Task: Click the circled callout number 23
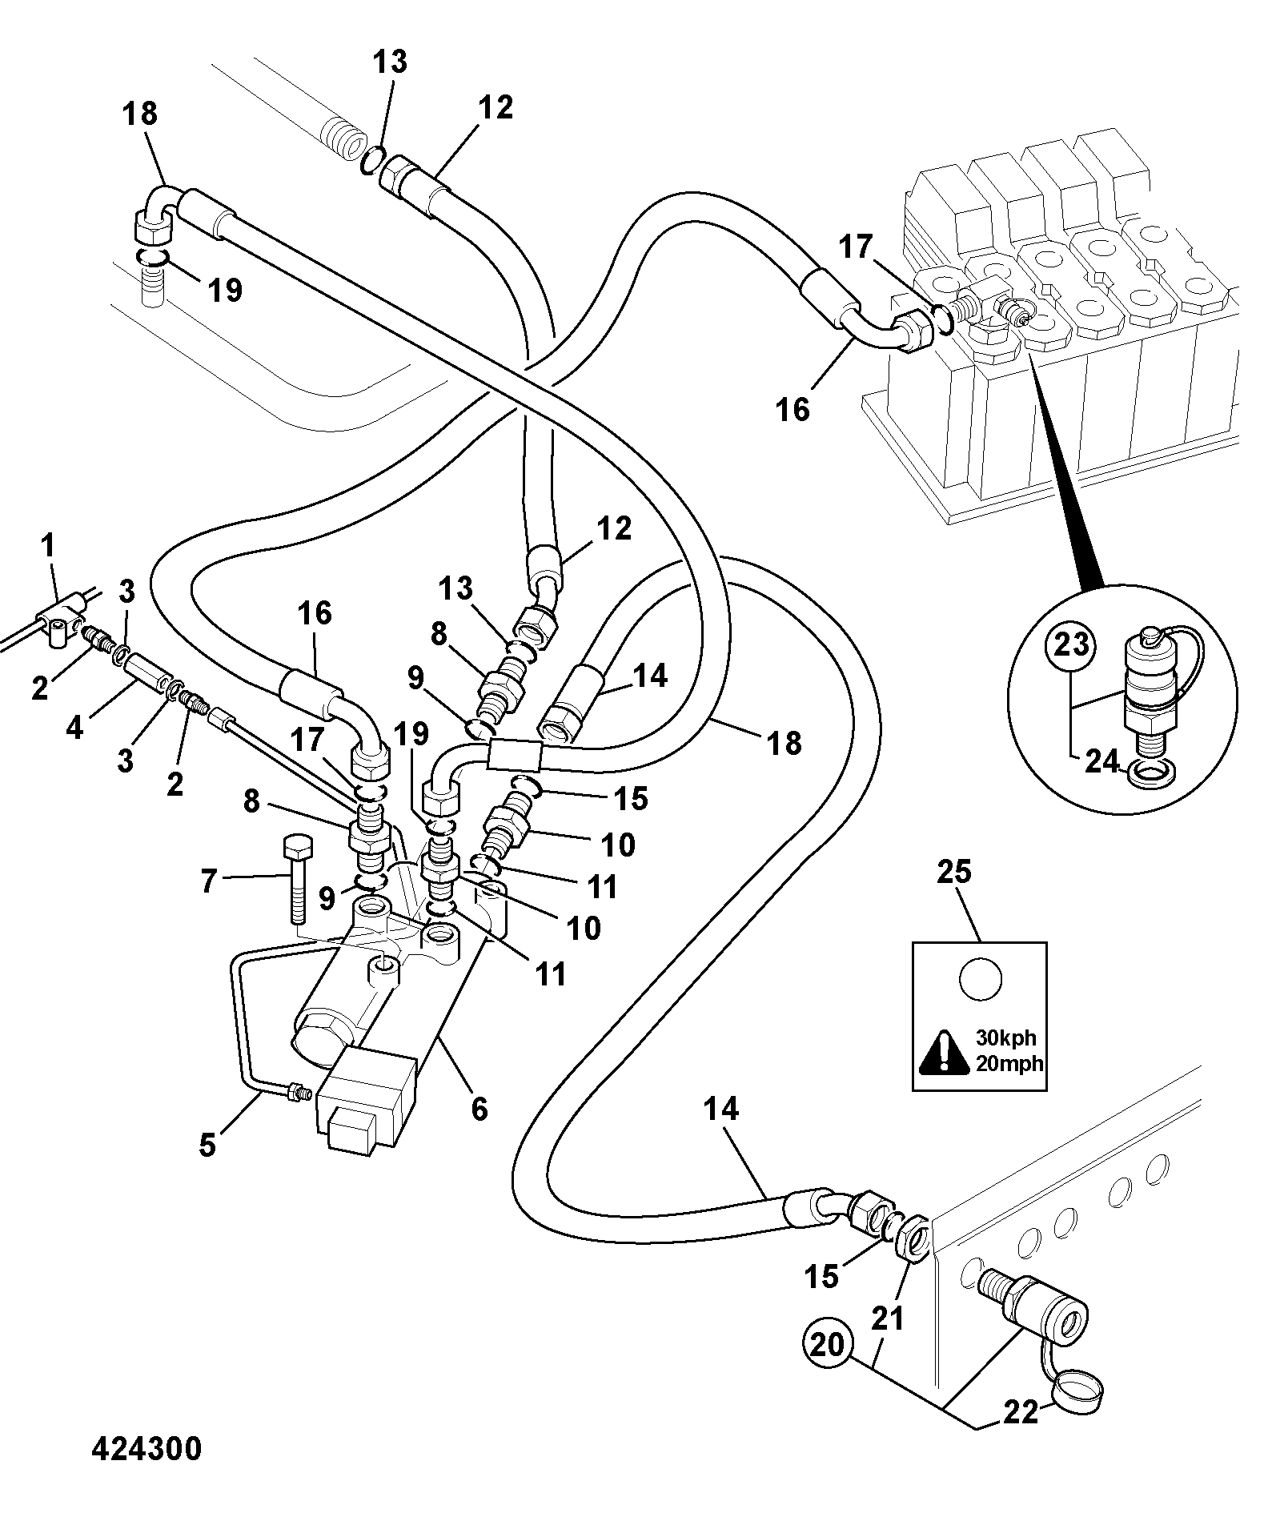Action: [1072, 644]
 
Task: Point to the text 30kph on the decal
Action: [1005, 1038]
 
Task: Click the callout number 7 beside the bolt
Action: [208, 882]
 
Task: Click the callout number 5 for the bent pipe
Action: [207, 1146]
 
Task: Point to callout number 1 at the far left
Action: [48, 547]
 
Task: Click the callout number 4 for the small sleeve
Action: [74, 728]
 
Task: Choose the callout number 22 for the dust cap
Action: [1021, 1412]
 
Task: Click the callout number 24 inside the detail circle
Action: [1101, 761]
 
